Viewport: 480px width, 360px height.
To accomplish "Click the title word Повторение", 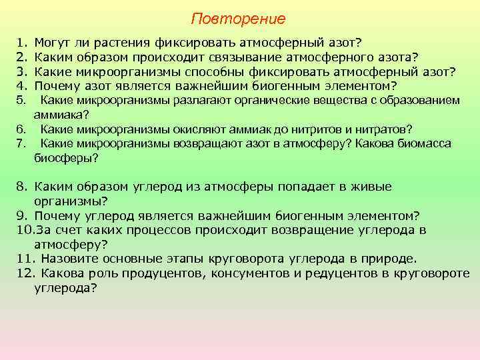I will pos(238,18).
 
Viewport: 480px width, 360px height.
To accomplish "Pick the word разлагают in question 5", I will pos(200,101).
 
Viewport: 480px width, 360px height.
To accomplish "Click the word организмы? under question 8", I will pos(71,201).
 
